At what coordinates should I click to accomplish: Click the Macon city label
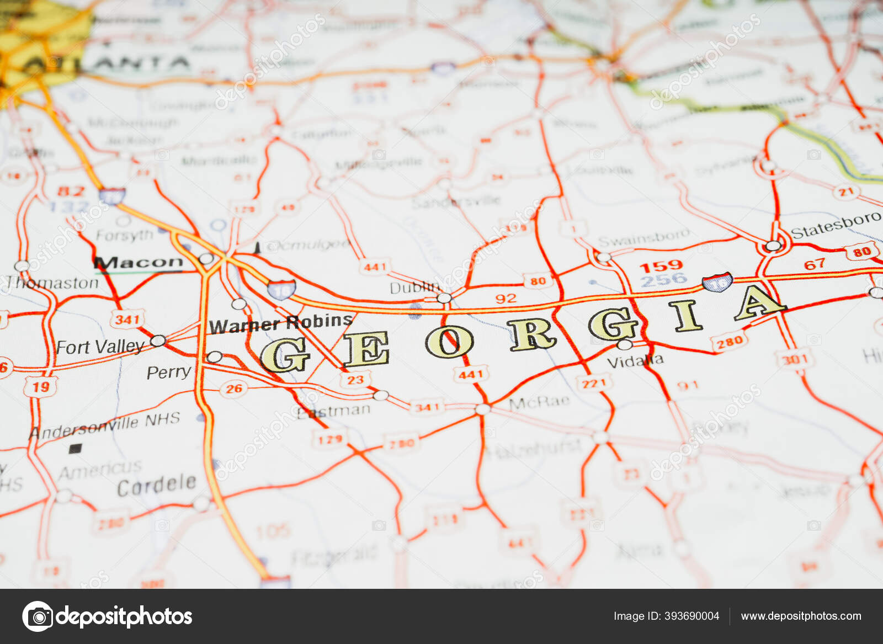coord(139,262)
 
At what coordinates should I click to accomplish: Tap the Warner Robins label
coord(280,324)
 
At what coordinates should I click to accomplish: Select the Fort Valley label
coord(100,347)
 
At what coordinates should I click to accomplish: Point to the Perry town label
coord(168,372)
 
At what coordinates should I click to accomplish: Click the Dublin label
coord(414,288)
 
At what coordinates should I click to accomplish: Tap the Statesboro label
coord(835,225)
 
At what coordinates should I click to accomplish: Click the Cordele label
coord(157,486)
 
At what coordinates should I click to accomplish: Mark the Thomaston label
coord(52,283)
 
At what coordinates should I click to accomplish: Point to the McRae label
coord(539,402)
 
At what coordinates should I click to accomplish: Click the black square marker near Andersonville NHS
coord(75,449)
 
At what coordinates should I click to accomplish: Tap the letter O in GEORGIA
coord(449,342)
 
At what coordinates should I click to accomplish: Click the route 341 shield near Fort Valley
coord(127,320)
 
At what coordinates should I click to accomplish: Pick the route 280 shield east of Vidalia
coord(729,342)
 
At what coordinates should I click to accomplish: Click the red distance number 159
coord(661,267)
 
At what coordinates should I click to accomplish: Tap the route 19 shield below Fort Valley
coord(40,387)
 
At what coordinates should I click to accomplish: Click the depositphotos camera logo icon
coord(38,616)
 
